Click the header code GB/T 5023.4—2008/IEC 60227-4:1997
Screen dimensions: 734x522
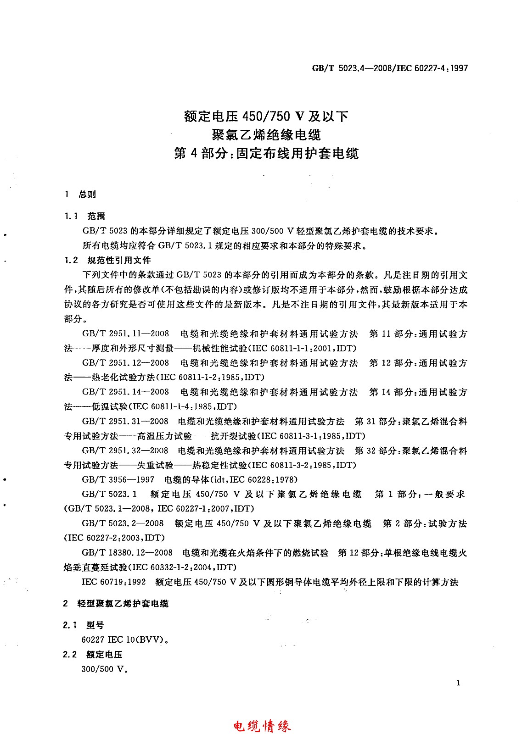[390, 68]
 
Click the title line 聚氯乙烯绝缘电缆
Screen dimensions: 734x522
[266, 134]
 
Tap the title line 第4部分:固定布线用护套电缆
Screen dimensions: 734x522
[266, 153]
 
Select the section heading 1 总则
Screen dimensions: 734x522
[80, 194]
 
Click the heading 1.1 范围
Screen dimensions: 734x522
[84, 216]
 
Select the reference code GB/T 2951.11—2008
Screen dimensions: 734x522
[125, 334]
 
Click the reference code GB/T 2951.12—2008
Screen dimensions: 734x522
[125, 363]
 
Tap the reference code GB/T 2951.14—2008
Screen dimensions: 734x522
[125, 392]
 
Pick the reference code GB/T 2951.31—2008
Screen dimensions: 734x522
[125, 421]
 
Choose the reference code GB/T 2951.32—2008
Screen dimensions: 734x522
[125, 450]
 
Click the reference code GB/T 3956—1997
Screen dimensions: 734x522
[118, 480]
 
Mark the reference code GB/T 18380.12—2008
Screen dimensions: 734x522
[127, 553]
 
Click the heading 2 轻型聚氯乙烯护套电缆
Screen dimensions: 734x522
[116, 604]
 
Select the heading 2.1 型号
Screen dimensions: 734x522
[84, 625]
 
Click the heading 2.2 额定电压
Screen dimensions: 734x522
[92, 655]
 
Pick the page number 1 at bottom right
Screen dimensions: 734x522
[459, 683]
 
